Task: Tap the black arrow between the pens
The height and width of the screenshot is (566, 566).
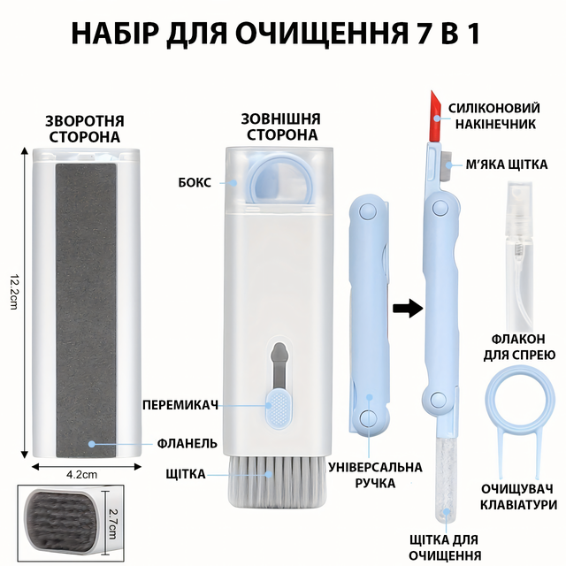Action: click(x=408, y=309)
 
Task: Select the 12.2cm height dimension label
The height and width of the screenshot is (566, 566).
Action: click(x=14, y=292)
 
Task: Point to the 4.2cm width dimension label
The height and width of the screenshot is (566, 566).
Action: click(x=81, y=474)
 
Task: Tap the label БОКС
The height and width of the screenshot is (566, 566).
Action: click(x=195, y=183)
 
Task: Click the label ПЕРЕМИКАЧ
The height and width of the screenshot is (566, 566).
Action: click(x=180, y=405)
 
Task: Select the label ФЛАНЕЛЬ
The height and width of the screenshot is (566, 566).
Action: click(x=187, y=443)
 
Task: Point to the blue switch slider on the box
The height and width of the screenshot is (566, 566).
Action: click(x=277, y=408)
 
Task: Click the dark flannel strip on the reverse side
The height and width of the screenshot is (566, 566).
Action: click(x=86, y=310)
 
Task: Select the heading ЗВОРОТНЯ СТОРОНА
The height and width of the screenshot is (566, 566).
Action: click(x=85, y=129)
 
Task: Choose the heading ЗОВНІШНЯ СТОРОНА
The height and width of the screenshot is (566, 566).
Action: click(x=281, y=126)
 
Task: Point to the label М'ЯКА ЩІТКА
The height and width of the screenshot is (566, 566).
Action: click(x=507, y=164)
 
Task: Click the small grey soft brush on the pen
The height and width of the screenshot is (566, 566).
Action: click(x=447, y=165)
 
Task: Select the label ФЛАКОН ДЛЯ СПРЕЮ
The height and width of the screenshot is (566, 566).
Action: click(x=519, y=348)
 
